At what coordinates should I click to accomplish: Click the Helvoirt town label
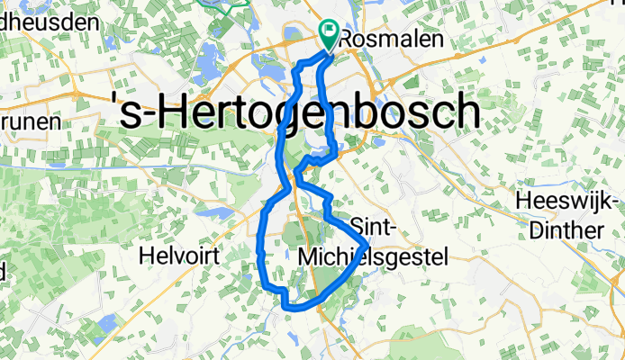180,256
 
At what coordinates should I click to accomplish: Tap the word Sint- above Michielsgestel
371,225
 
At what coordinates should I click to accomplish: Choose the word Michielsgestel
372,257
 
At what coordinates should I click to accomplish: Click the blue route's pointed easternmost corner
367,245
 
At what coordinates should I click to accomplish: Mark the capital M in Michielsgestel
305,257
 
